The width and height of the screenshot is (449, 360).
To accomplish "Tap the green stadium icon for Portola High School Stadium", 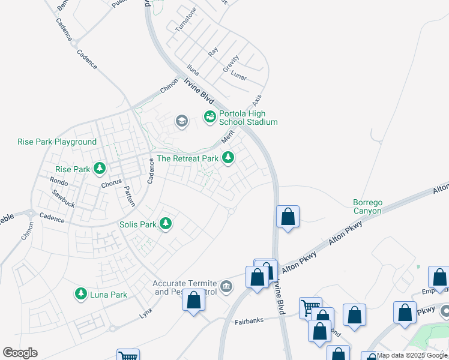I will pos(210,116).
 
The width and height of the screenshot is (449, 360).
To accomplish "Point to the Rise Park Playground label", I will pos(57,142).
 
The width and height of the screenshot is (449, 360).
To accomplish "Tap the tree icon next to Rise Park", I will pos(100,169).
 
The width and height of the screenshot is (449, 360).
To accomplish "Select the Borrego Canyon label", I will pos(367,207).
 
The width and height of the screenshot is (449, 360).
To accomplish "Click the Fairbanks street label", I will pos(249,321).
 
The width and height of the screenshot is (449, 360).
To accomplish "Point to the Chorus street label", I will pos(112,182).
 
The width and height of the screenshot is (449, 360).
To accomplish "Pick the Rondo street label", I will pos(59,181).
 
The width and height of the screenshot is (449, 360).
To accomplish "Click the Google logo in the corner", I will pos(20,353).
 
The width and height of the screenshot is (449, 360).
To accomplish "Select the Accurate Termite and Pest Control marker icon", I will pos(226,285).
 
